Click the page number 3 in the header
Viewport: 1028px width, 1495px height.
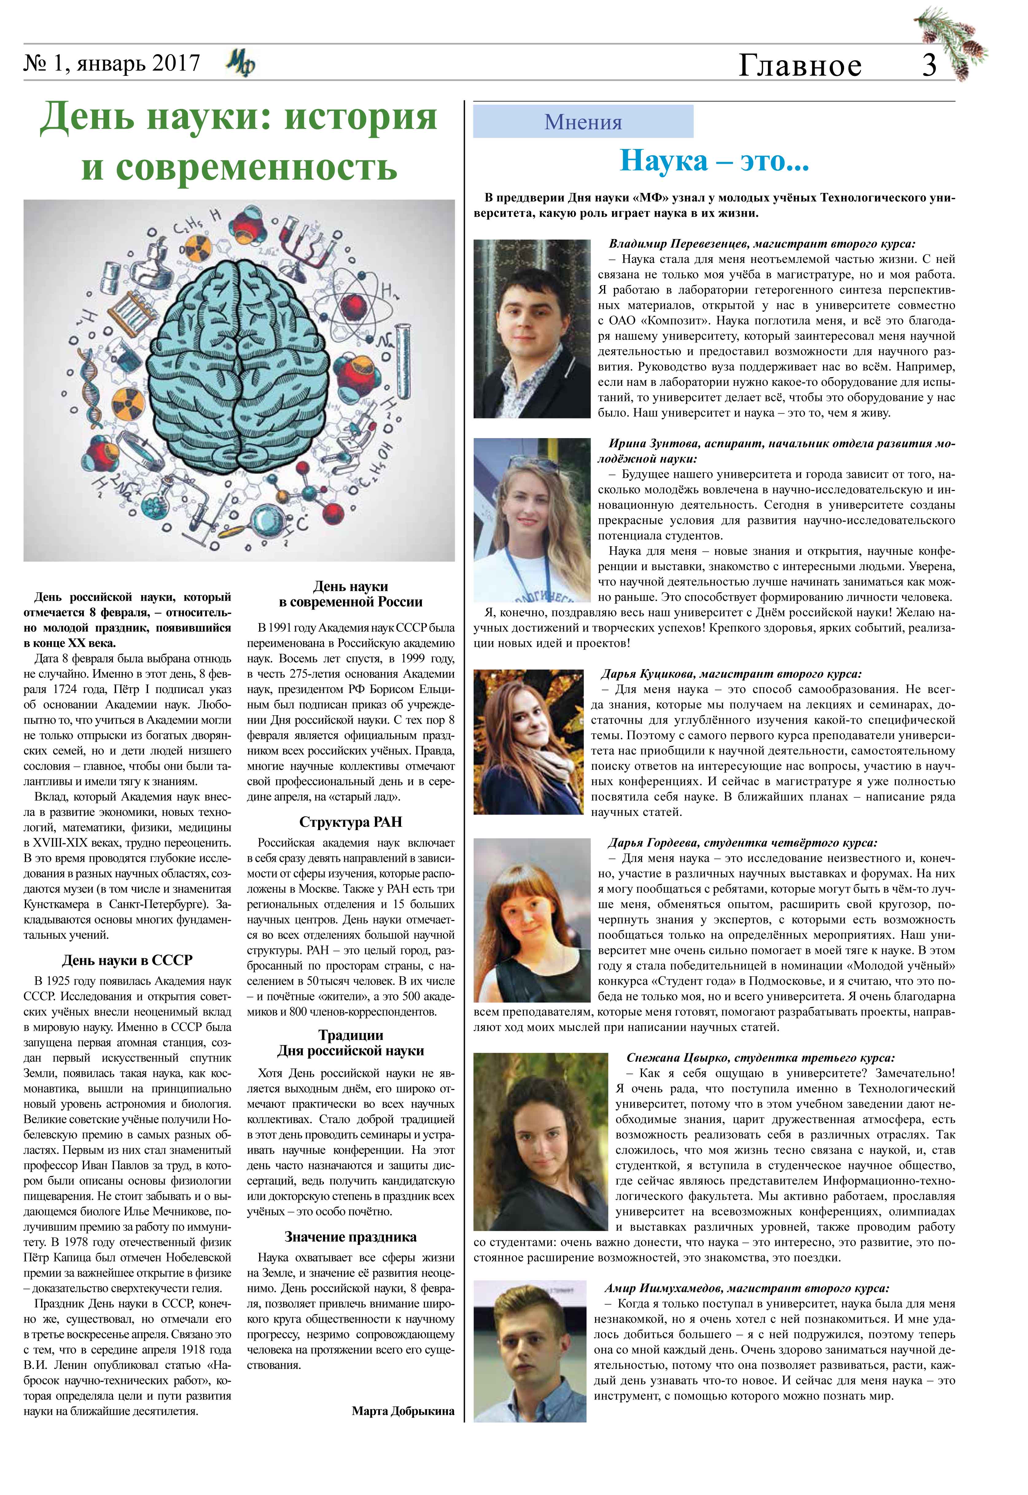929,65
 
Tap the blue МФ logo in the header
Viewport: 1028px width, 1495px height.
241,64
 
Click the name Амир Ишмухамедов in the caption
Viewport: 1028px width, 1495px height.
664,1288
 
